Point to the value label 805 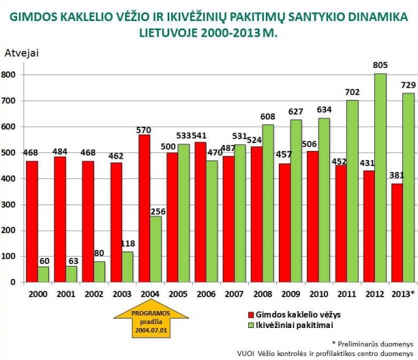point(379,65)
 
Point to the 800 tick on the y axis point(10,74)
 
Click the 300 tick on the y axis point(10,205)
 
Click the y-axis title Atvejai point(22,53)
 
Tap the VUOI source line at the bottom point(325,353)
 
